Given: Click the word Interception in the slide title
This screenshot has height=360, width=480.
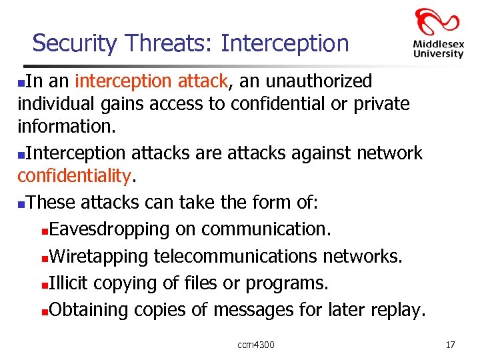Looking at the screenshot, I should [x=285, y=43].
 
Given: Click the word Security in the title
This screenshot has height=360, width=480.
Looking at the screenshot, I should [x=73, y=43].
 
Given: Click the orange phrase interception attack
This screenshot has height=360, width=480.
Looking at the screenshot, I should [x=151, y=81].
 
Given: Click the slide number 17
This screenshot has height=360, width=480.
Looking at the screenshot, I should [x=450, y=345].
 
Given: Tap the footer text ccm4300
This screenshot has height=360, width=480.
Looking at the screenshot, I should [x=256, y=345].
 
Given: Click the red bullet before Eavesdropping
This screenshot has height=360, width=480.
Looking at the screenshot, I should [x=44, y=231].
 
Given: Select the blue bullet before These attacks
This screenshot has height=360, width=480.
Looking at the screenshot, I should [x=22, y=204].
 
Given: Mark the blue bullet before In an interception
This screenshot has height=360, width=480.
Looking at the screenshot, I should [x=22, y=83].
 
